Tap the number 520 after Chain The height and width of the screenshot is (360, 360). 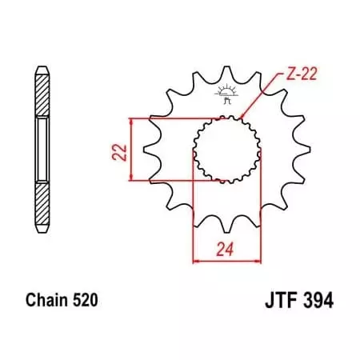point(84,302)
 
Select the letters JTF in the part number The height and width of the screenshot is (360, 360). point(278,302)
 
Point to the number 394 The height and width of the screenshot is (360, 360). point(318,302)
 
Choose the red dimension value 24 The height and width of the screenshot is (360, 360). point(226,250)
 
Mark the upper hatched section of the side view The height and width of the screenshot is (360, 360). point(39,97)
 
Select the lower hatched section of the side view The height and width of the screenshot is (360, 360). point(39,203)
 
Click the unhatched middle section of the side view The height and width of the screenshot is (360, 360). point(39,150)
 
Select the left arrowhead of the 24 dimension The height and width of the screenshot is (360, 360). point(196,261)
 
